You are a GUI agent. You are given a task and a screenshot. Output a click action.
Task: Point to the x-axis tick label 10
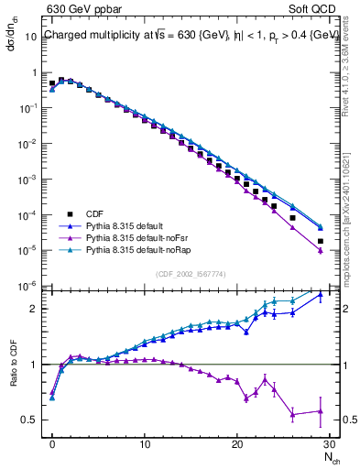pyautogui.click(x=145, y=444)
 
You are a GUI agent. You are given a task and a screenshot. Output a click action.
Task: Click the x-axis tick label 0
pyautogui.click(x=52, y=444)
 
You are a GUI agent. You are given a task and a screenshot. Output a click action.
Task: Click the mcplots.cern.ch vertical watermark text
pyautogui.click(x=351, y=211)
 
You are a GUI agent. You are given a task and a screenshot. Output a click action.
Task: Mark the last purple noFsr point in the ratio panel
pyautogui.click(x=320, y=411)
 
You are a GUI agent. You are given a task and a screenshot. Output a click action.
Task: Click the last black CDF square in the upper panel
pyautogui.click(x=320, y=242)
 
